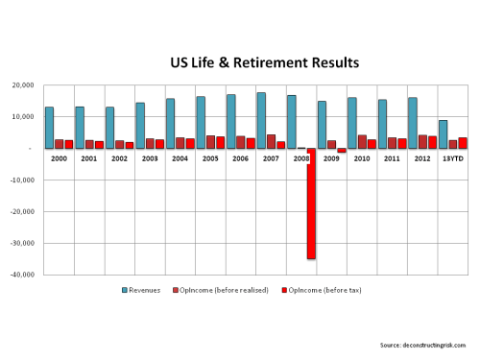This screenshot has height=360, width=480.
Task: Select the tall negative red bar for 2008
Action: tap(312, 204)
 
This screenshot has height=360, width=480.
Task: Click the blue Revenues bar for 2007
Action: tap(260, 120)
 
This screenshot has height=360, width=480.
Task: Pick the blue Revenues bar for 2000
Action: tap(49, 128)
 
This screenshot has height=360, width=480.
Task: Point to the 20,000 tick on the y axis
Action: tap(22, 85)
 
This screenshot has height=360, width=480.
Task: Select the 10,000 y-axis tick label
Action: tap(22, 117)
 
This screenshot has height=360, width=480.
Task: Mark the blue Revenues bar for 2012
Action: tap(411, 123)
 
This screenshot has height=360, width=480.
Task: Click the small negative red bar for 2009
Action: tap(342, 151)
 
